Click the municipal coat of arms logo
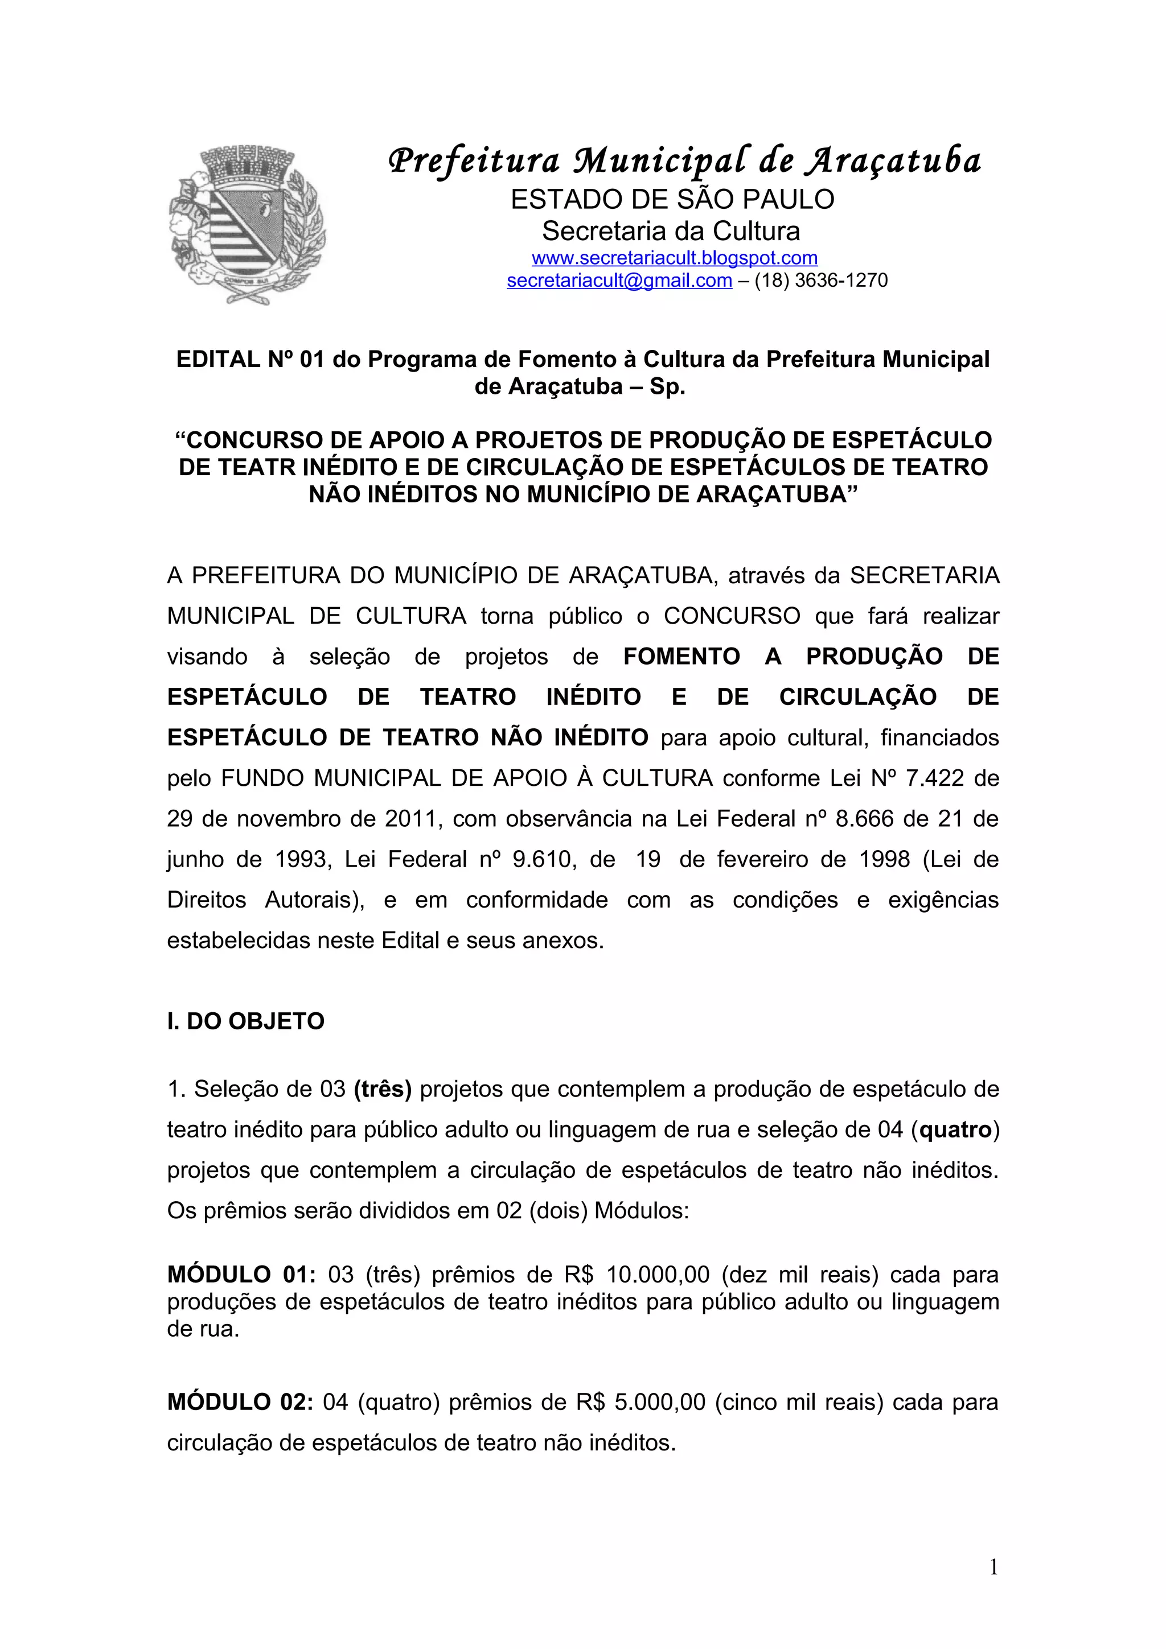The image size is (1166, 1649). tap(247, 225)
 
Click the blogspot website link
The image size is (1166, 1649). tap(674, 258)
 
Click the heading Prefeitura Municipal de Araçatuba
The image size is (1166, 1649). tap(684, 161)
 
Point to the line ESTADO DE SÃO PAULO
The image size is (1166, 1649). tap(672, 200)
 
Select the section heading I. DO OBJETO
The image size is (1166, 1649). tap(246, 1021)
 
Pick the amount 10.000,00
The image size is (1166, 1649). tap(658, 1275)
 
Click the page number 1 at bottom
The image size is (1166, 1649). tap(993, 1567)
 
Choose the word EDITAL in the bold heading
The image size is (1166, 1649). tap(219, 360)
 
